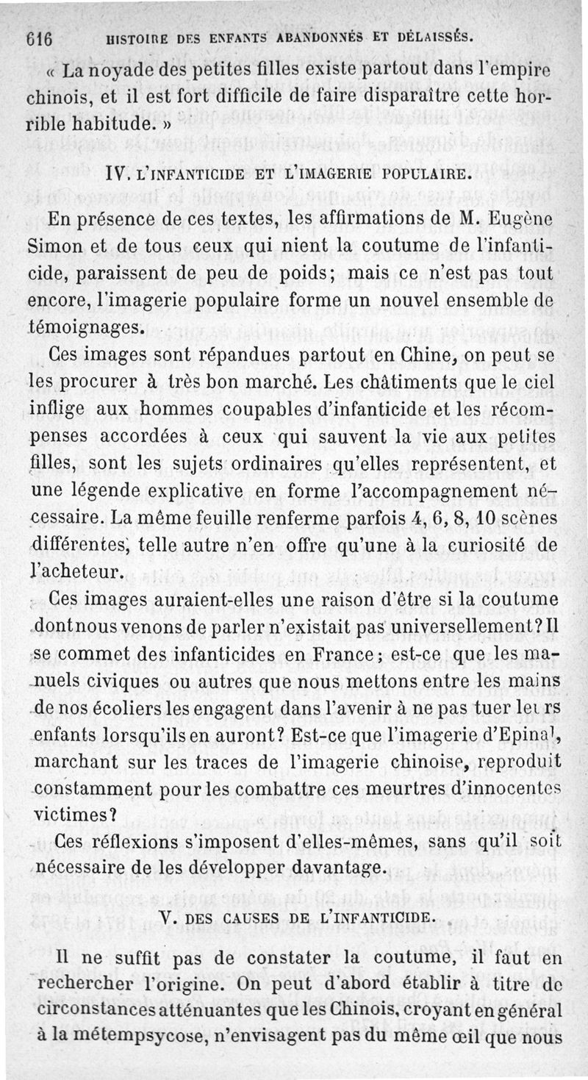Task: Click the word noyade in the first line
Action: coord(121,73)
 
